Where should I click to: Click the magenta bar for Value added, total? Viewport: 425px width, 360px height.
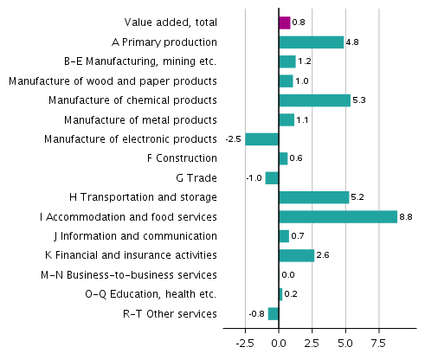(x=284, y=22)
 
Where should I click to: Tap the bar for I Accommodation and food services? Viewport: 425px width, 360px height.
(x=338, y=216)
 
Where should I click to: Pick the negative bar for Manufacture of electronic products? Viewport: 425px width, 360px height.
(x=261, y=139)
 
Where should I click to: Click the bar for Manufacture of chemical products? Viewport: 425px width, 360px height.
(x=314, y=100)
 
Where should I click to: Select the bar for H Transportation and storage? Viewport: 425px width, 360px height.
(x=313, y=197)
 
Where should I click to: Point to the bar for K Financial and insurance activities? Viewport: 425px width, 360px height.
(x=296, y=255)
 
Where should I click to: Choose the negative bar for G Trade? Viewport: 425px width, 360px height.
(x=272, y=178)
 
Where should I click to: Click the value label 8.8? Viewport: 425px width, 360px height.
(x=406, y=217)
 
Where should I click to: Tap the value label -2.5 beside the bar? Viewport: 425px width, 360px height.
(x=233, y=139)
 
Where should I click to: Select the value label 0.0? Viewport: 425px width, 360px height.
(x=288, y=275)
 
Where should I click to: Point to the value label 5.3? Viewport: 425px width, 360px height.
(x=359, y=100)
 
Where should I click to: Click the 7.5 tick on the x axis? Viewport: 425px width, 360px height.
(x=378, y=344)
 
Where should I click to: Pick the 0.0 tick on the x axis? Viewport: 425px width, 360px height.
(x=279, y=344)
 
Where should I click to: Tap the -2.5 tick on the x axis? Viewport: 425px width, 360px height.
(x=244, y=344)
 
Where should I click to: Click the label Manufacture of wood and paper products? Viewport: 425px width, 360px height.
(x=113, y=80)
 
